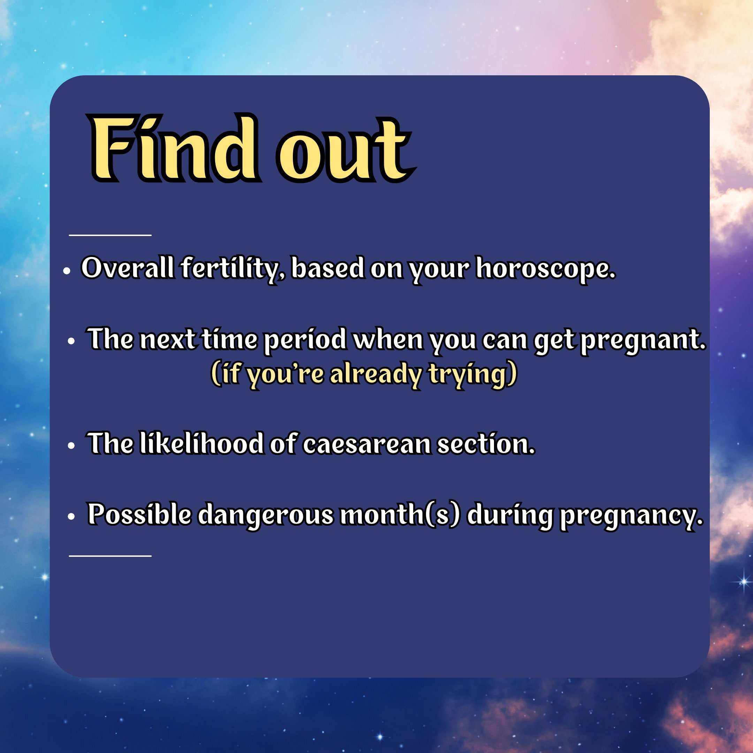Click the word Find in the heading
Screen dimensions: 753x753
pos(175,148)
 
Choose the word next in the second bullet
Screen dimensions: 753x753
pos(167,339)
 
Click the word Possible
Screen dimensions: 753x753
pos(139,514)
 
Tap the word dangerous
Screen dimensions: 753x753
pos(265,515)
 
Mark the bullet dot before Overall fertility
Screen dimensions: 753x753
pos(67,271)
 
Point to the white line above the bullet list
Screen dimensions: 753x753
pos(110,235)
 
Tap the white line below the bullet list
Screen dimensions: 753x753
pos(110,556)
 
